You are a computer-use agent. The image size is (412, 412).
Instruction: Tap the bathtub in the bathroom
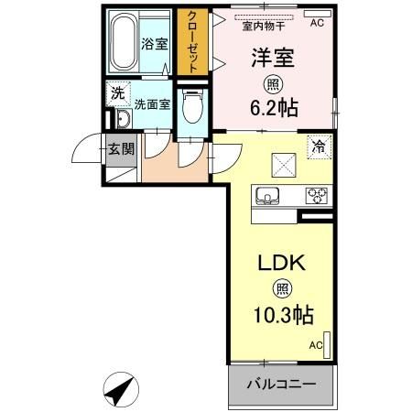point(122,43)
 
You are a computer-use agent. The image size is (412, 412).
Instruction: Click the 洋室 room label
point(273,57)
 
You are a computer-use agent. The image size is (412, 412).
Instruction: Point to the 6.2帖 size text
point(274,105)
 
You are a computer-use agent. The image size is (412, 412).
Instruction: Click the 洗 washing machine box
point(116,92)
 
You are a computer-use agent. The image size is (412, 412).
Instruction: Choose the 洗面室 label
point(152,104)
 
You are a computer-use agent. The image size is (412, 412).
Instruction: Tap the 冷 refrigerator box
point(319,146)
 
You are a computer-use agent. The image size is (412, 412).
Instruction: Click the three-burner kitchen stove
point(317,194)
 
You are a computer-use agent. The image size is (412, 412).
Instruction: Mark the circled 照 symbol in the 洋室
point(274,82)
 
